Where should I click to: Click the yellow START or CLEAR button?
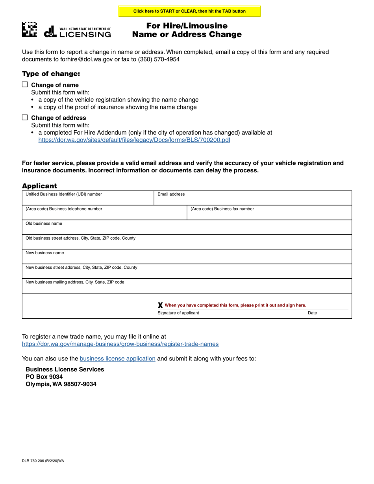[x=189, y=11]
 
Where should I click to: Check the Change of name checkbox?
[x=25, y=85]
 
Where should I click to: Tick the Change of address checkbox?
[x=25, y=117]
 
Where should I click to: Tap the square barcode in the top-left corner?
[x=30, y=30]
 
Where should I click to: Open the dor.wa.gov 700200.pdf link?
[x=134, y=140]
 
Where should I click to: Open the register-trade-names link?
[x=120, y=344]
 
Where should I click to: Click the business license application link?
[x=117, y=358]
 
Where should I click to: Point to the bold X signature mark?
[x=160, y=305]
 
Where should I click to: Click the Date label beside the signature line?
[x=312, y=313]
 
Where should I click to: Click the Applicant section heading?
[x=39, y=186]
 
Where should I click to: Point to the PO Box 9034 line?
[x=44, y=377]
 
